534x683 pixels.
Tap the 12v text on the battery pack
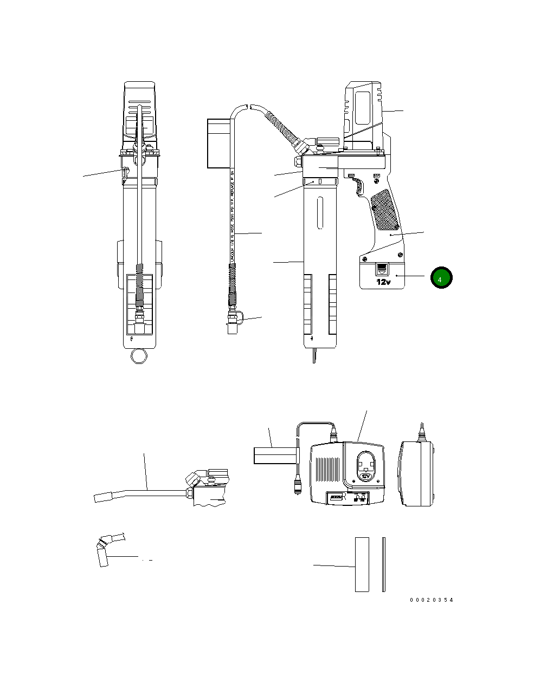coord(384,282)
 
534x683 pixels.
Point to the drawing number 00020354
coord(431,600)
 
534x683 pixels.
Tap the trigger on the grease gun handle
coord(358,186)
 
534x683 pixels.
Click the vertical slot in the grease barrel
coord(321,213)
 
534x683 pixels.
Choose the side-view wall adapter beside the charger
coord(417,473)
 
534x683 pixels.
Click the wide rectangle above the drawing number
coord(362,564)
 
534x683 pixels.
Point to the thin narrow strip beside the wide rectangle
coord(383,564)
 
